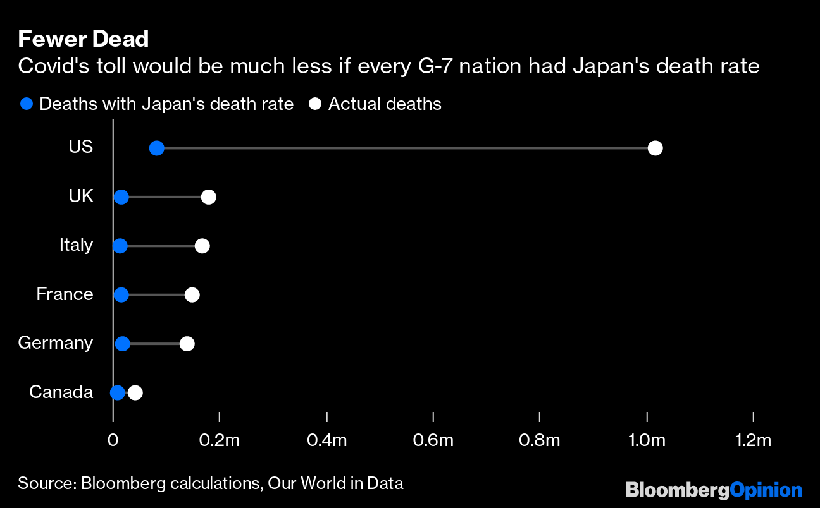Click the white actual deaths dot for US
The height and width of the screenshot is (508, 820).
[655, 148]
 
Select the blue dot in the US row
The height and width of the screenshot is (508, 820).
[156, 148]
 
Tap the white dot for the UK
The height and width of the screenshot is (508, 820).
[208, 197]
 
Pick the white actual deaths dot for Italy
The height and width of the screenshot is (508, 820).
[202, 246]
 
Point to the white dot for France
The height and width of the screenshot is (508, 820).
[192, 294]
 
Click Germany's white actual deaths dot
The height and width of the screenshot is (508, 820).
[187, 344]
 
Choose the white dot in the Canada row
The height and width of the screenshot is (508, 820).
[135, 392]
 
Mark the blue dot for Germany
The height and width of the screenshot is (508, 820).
[123, 344]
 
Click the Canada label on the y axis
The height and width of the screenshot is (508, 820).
[61, 392]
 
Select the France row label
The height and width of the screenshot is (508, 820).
[65, 294]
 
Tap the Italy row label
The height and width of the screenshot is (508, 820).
[76, 245]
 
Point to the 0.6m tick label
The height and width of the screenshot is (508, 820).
[433, 440]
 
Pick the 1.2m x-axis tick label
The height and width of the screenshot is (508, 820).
[753, 440]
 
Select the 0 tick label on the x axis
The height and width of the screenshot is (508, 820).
[113, 440]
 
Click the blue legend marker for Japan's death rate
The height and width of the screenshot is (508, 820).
[26, 104]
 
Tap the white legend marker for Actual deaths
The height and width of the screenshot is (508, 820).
[315, 104]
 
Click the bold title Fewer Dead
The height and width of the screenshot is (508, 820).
[83, 39]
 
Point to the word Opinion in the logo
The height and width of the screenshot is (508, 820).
[766, 490]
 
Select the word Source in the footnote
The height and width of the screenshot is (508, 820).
[44, 484]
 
